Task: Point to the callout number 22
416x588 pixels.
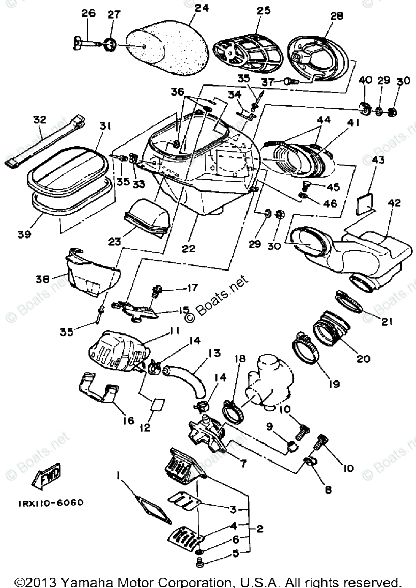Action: tap(189, 249)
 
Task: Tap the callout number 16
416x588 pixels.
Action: tap(114, 421)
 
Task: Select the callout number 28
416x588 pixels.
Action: tap(336, 16)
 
